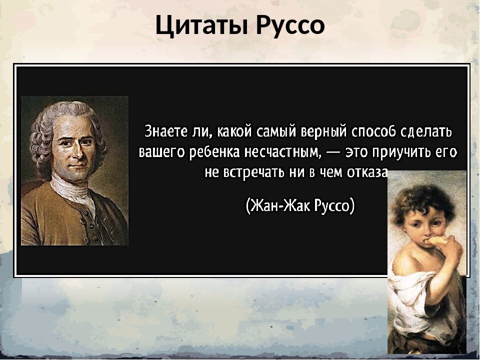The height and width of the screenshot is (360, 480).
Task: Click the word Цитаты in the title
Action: coord(202,24)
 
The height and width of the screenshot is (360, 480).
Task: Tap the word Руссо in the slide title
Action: coord(290,24)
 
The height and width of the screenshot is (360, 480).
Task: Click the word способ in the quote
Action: coord(367,131)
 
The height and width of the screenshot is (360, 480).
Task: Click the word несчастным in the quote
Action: coord(286,151)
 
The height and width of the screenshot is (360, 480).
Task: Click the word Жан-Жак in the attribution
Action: coord(280,205)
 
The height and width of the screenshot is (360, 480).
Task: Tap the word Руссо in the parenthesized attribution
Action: coord(333,205)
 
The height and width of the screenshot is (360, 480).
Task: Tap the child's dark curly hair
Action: coord(420,200)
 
